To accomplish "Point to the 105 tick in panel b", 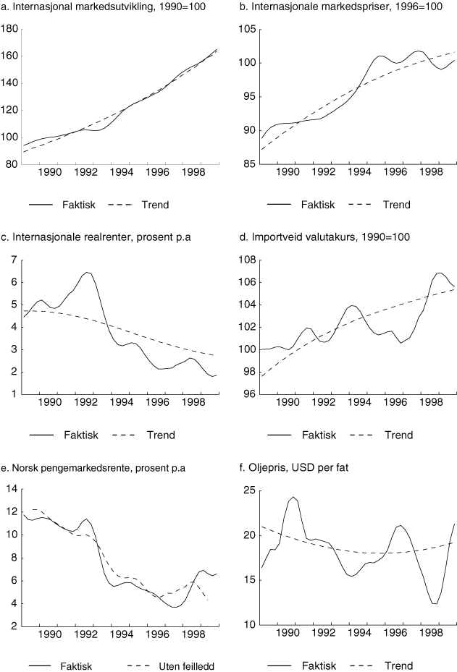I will click(x=246, y=30).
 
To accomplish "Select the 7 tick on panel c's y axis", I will click(x=13, y=259).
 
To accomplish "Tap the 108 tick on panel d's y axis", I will click(x=246, y=259).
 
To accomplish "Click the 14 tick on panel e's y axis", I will click(x=11, y=490).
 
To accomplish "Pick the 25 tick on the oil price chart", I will click(x=248, y=490).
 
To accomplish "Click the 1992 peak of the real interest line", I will click(x=88, y=273).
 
